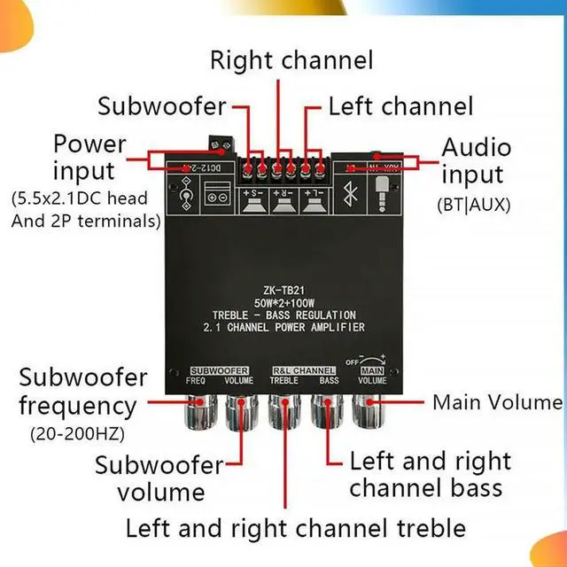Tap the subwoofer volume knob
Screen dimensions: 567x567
pos(239,411)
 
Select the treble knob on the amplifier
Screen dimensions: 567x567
pos(283,411)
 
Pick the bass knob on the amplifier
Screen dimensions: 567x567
pos(326,411)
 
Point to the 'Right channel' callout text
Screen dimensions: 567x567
pos(291,60)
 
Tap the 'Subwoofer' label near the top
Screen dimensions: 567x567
pos(162,107)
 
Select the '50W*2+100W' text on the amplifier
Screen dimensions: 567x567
pos(283,301)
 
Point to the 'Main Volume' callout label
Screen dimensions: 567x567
pos(497,402)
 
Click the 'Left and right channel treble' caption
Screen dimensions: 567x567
pos(295,529)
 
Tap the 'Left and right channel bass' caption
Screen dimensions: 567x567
pos(430,474)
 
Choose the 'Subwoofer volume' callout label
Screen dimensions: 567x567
pos(159,478)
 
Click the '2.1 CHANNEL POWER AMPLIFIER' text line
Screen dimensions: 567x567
pos(283,328)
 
